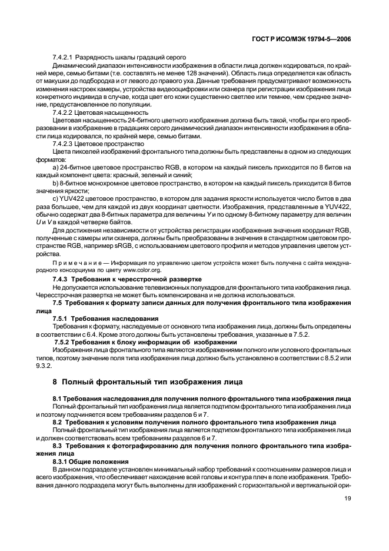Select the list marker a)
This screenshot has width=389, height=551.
coord(55,167)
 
